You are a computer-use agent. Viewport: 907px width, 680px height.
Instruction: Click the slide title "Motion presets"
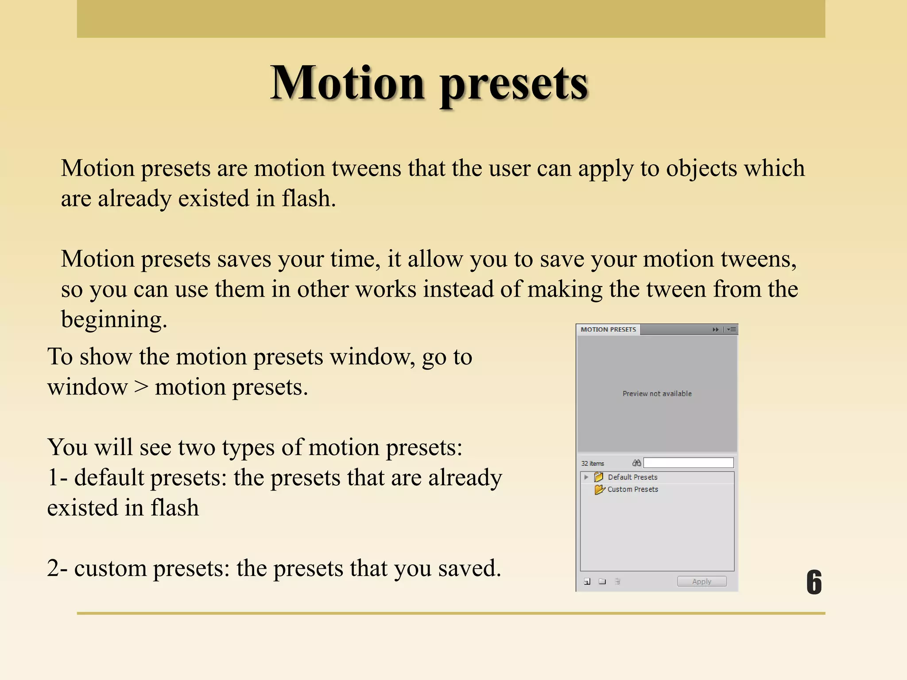[x=429, y=83]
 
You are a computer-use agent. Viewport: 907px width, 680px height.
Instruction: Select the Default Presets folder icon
[x=599, y=477]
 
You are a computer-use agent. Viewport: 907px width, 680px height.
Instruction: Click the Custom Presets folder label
[x=632, y=489]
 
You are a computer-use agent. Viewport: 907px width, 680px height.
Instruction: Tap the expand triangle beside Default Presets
[x=586, y=477]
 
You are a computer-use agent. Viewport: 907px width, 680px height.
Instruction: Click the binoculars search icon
[x=636, y=463]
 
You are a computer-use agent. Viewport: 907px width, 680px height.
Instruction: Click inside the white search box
[x=688, y=463]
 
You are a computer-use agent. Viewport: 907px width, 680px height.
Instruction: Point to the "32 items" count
[x=593, y=464]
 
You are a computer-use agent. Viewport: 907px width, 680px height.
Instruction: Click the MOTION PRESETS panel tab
[x=608, y=329]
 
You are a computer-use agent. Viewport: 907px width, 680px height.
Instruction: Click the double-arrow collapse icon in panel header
[x=715, y=329]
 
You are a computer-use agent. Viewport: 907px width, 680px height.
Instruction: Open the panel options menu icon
[x=732, y=329]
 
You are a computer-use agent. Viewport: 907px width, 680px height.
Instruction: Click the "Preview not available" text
[x=657, y=394]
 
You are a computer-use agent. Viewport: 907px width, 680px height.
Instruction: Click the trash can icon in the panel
[x=617, y=581]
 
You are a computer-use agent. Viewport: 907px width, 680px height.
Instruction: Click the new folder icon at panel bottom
[x=602, y=581]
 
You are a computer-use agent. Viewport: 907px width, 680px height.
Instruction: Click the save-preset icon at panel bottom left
[x=587, y=581]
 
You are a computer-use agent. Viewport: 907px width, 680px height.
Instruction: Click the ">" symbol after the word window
[x=141, y=387]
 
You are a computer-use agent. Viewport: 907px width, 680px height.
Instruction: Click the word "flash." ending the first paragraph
[x=309, y=198]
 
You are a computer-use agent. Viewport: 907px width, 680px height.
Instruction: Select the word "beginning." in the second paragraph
[x=114, y=320]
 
